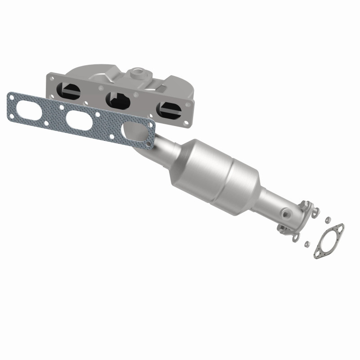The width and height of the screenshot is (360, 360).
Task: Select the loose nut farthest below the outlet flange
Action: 306,244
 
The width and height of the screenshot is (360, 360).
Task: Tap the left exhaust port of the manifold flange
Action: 71,92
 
